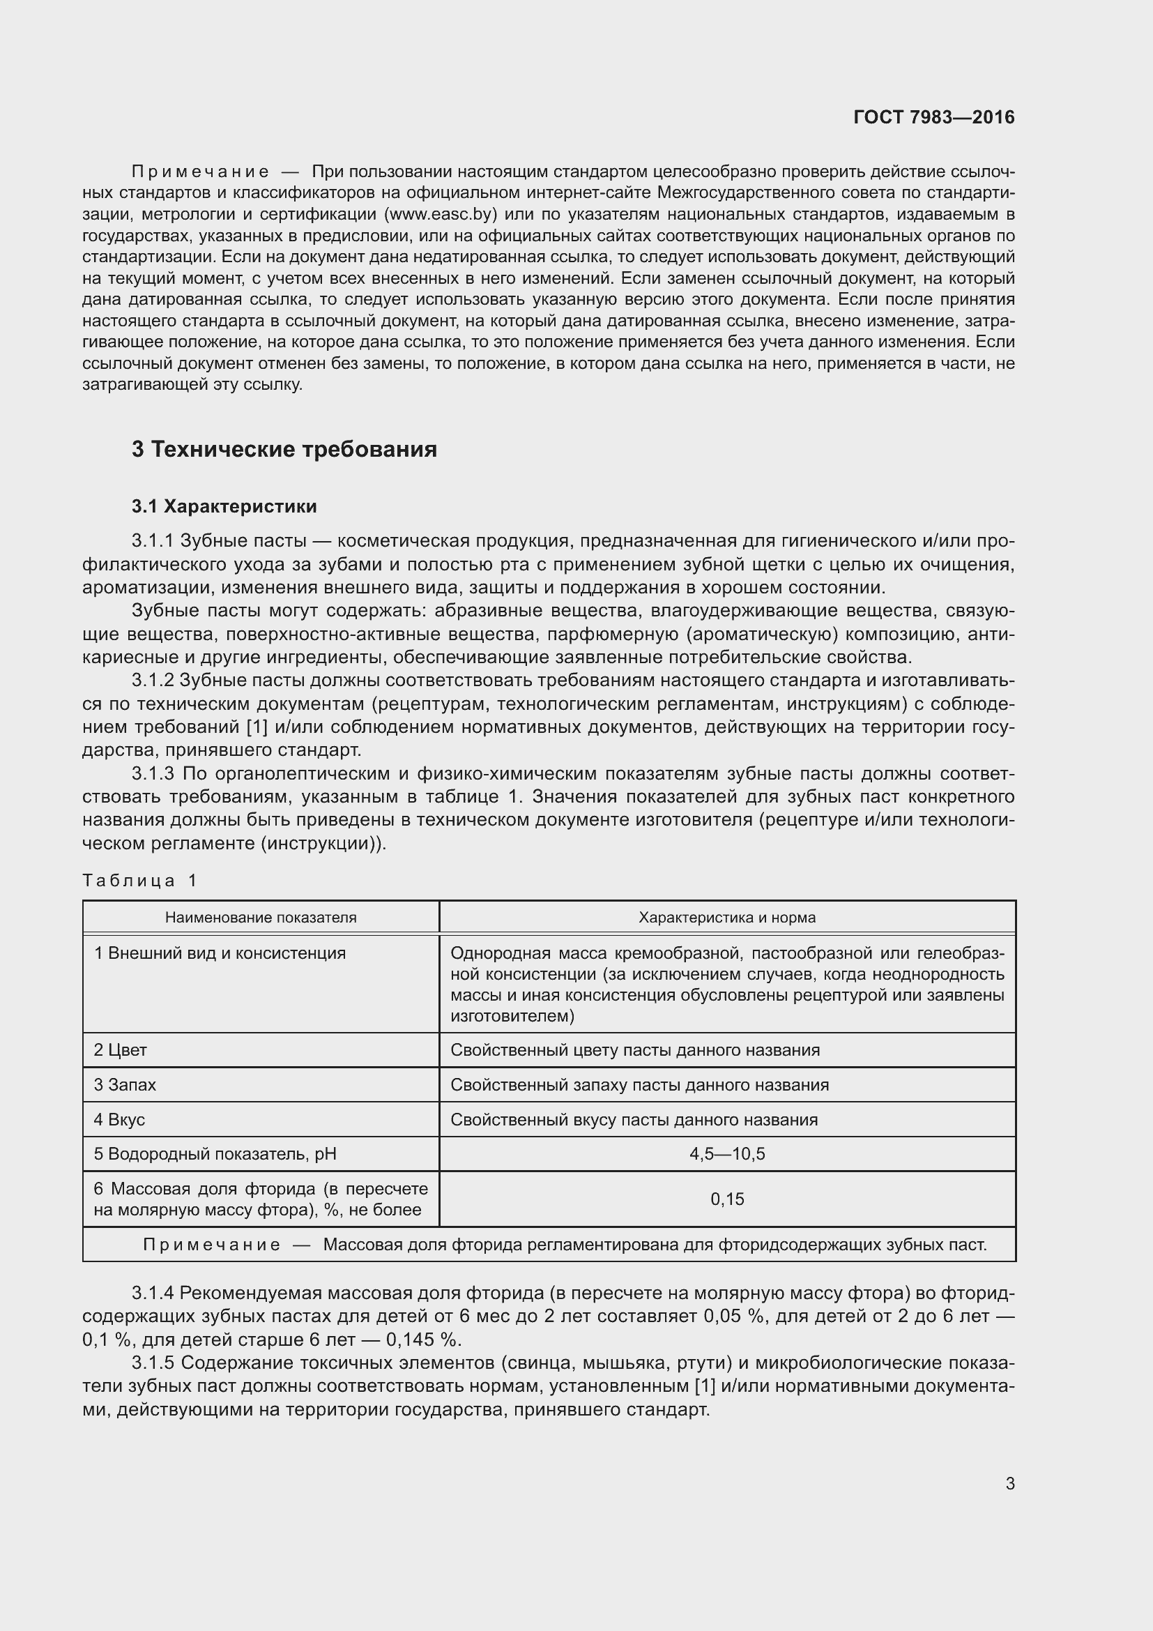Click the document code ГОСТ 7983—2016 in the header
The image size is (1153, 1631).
coord(933,118)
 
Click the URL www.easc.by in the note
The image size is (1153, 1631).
coord(439,215)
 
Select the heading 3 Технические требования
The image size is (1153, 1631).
coord(284,450)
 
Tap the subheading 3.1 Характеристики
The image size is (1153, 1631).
coord(224,506)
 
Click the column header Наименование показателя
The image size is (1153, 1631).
coord(261,917)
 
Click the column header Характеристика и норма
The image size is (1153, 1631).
coord(727,917)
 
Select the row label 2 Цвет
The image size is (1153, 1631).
coord(120,1050)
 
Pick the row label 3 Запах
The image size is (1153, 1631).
coord(125,1085)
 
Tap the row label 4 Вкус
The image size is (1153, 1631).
coord(119,1120)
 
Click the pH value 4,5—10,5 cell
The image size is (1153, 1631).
coord(727,1154)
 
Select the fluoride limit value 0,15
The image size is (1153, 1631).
coord(727,1200)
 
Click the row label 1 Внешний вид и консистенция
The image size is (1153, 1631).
coord(220,953)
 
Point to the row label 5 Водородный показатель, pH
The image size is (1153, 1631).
coord(215,1154)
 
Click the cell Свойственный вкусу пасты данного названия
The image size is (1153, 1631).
coord(634,1120)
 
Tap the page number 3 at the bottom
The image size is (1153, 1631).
coord(1009,1484)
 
